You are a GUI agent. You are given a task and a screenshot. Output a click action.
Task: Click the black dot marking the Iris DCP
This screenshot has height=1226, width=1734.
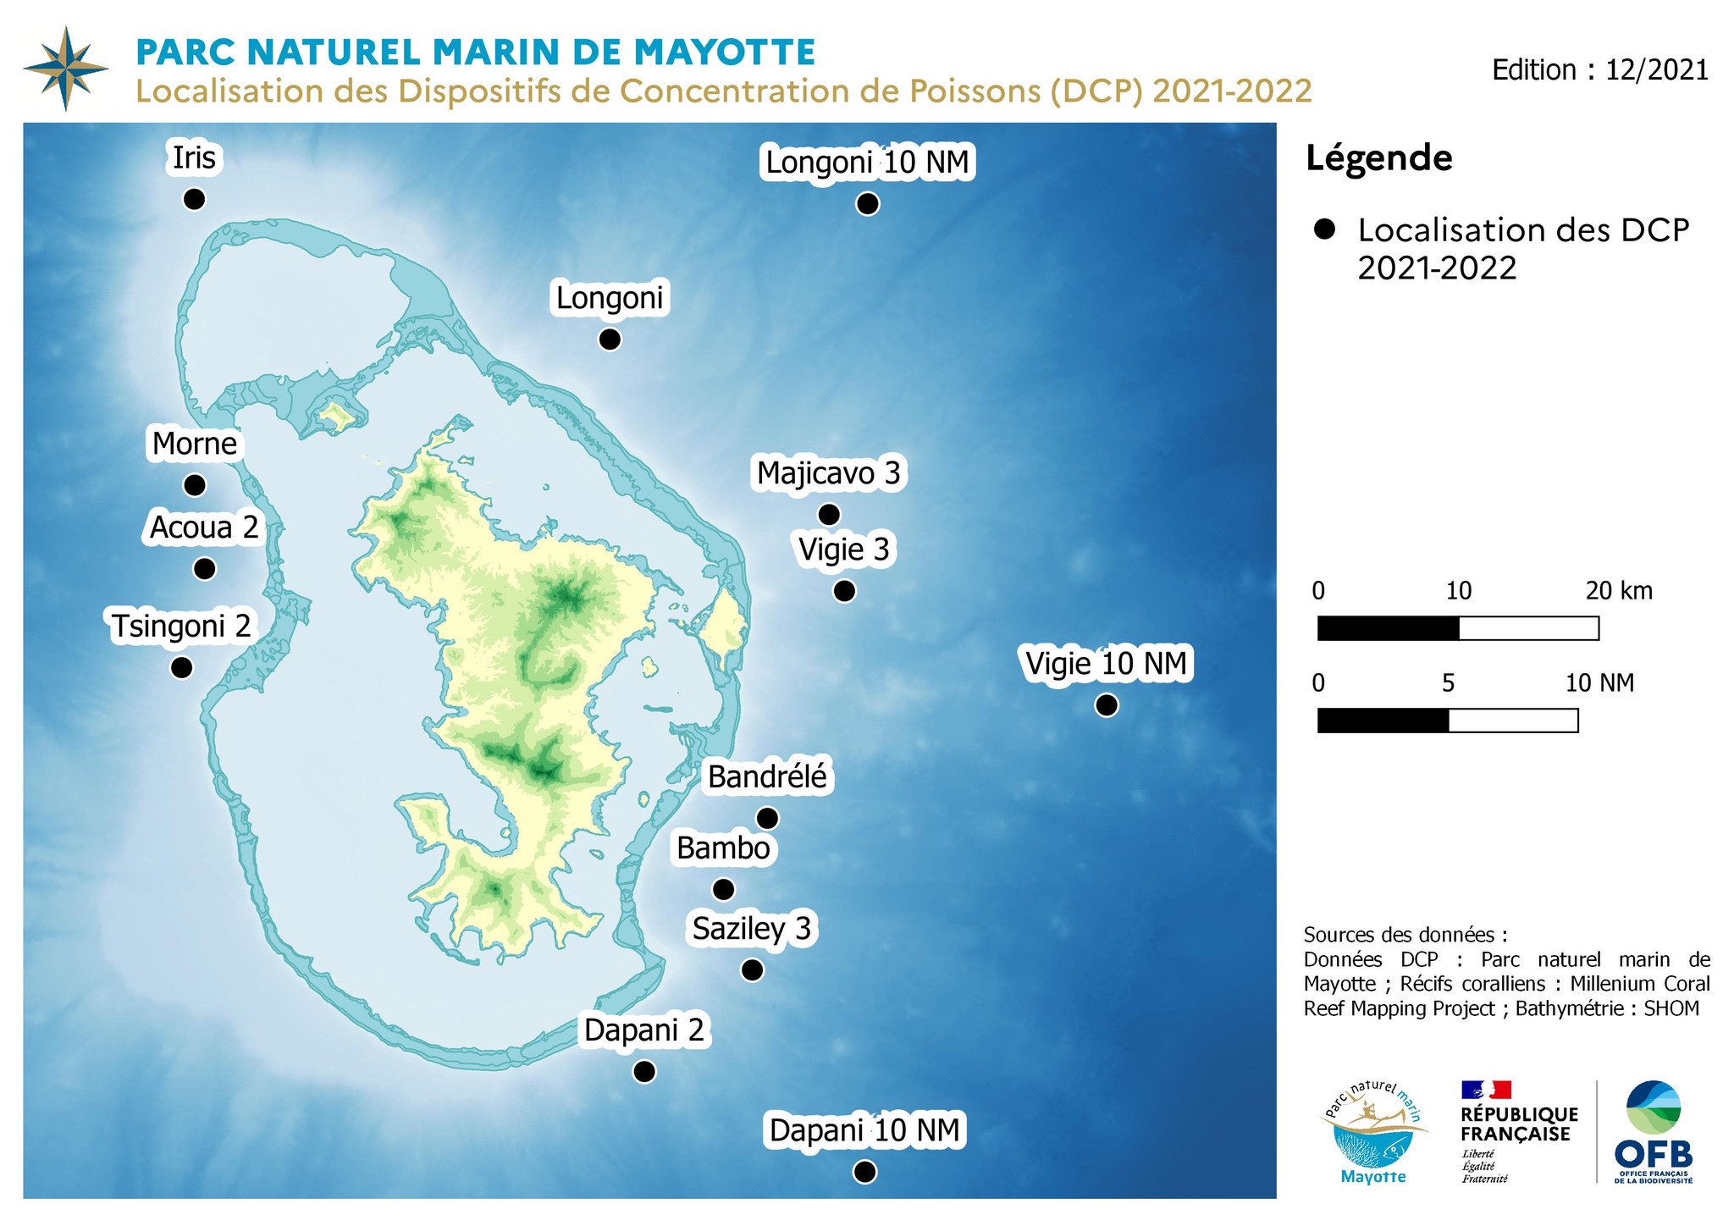coord(194,199)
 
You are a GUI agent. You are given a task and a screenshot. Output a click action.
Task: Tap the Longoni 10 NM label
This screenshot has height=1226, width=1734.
coord(867,162)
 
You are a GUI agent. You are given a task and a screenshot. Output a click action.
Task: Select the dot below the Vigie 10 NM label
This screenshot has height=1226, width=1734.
coord(1106,704)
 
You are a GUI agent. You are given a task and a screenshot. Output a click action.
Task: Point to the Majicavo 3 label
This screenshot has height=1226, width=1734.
coord(828,473)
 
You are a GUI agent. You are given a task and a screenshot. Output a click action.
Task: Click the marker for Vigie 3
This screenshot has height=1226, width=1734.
coord(844,591)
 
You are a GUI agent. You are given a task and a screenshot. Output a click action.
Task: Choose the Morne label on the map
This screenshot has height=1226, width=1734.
coord(195,444)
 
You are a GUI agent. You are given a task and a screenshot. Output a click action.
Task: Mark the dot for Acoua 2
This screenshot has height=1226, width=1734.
coord(204,569)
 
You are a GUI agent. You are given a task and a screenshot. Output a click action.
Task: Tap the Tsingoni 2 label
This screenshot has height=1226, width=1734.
coord(182,627)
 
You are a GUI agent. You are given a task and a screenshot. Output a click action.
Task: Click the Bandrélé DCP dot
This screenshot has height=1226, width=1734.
coord(767,818)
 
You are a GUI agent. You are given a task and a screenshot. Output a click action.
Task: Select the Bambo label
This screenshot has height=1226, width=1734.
coord(723,848)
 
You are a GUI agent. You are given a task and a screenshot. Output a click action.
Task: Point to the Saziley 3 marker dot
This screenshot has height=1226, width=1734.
coord(752,970)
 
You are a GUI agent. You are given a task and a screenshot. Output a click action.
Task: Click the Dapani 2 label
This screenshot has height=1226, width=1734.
coord(644,1030)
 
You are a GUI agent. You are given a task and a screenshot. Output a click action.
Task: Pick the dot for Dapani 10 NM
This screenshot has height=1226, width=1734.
coord(864,1172)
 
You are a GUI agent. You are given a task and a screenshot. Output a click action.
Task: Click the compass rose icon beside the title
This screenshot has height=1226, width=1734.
coord(66,69)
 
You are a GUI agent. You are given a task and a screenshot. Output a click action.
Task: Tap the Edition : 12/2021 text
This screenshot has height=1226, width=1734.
coord(1599,69)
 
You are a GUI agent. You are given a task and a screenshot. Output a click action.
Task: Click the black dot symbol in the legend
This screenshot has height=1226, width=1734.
coord(1324,229)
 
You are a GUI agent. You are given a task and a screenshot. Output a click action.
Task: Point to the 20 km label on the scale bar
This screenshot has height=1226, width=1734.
coord(1618,590)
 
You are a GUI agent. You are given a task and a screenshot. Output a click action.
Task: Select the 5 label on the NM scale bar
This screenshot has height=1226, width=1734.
coord(1448,682)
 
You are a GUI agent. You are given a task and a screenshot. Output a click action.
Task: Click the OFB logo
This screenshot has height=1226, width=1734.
coord(1653,1132)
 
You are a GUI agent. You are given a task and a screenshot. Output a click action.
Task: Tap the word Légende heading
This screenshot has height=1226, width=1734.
coord(1378,158)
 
